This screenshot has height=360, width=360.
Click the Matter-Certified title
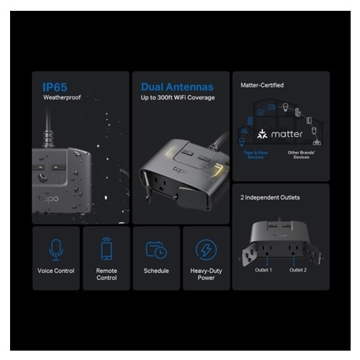tap(261, 85)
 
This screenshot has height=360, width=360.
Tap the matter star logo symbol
tap(261, 134)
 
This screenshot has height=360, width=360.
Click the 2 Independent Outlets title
tap(270, 197)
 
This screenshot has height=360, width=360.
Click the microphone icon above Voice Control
tap(55, 249)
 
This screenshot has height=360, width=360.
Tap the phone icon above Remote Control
tap(106, 249)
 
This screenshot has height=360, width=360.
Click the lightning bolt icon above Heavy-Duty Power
tap(206, 249)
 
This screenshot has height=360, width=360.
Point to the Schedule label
tap(156, 271)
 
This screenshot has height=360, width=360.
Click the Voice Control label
tap(55, 271)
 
